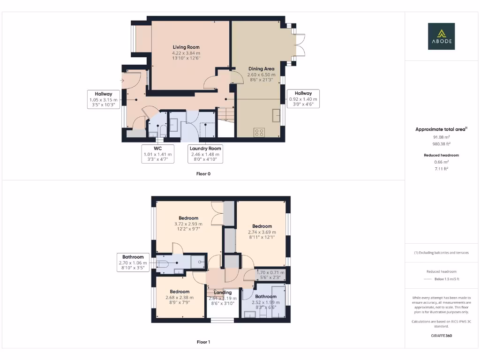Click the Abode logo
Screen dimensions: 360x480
(441, 37)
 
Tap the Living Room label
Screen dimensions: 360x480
(186, 47)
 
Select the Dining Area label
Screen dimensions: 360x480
(261, 69)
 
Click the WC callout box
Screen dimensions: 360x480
(158, 154)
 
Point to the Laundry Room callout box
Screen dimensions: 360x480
(205, 154)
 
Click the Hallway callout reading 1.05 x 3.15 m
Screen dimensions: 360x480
(104, 99)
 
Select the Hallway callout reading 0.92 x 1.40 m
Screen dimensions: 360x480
(303, 99)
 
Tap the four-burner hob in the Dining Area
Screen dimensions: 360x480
(259, 132)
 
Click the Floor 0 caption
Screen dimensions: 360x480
(203, 173)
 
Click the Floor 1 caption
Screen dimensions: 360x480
(203, 342)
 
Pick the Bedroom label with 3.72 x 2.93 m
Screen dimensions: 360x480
(188, 218)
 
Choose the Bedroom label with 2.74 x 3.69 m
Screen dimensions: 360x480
(262, 226)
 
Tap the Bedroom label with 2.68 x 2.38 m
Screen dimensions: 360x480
(180, 292)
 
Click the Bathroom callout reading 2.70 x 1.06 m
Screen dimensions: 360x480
(133, 263)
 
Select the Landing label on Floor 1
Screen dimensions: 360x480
(223, 292)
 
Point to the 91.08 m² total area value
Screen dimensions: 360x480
(441, 137)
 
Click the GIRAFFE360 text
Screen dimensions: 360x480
(441, 336)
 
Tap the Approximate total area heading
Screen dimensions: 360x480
(441, 129)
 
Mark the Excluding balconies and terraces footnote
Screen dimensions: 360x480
(441, 253)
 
